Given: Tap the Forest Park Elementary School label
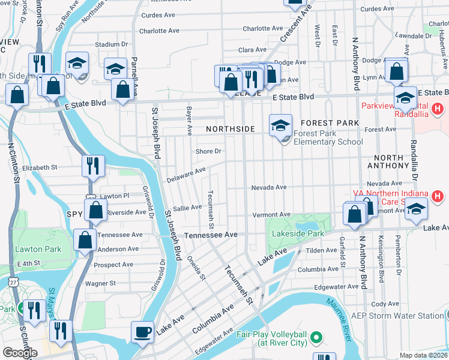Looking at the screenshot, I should click(x=328, y=137).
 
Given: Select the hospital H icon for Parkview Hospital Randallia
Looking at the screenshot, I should click(x=438, y=110).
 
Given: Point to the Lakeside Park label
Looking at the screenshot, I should click(x=298, y=234).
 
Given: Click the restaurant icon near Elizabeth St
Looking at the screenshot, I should click(x=93, y=166).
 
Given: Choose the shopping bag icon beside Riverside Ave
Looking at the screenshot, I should click(x=95, y=210).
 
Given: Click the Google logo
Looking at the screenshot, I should click(x=20, y=353).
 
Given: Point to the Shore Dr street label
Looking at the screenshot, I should click(x=209, y=151).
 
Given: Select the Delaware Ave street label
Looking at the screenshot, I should click(x=187, y=173).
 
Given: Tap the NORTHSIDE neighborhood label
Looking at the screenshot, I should click(x=231, y=129).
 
